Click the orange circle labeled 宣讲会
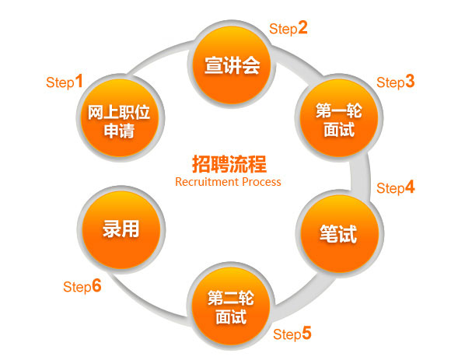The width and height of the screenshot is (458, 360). point(232,65)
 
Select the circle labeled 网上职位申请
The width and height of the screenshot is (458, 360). point(120,117)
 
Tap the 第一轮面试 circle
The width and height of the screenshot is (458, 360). point(339,117)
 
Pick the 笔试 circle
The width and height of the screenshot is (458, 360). point(339,233)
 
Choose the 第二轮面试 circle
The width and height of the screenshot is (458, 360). point(230,306)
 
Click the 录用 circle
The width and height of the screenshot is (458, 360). point(121,229)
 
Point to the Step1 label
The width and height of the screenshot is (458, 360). point(65,82)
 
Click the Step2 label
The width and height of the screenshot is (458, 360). point(288,28)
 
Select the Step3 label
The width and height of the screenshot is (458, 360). point(396,82)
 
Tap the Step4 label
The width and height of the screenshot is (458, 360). point(396,187)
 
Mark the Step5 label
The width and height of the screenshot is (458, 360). point(292,334)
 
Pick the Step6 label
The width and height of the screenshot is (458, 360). point(82,286)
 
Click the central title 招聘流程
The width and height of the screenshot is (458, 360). point(229,164)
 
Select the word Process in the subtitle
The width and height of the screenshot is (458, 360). point(262,182)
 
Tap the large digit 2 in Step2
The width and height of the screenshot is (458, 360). point(302,27)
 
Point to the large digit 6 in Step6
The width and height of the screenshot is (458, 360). point(96,285)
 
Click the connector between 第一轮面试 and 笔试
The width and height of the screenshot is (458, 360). point(361,176)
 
